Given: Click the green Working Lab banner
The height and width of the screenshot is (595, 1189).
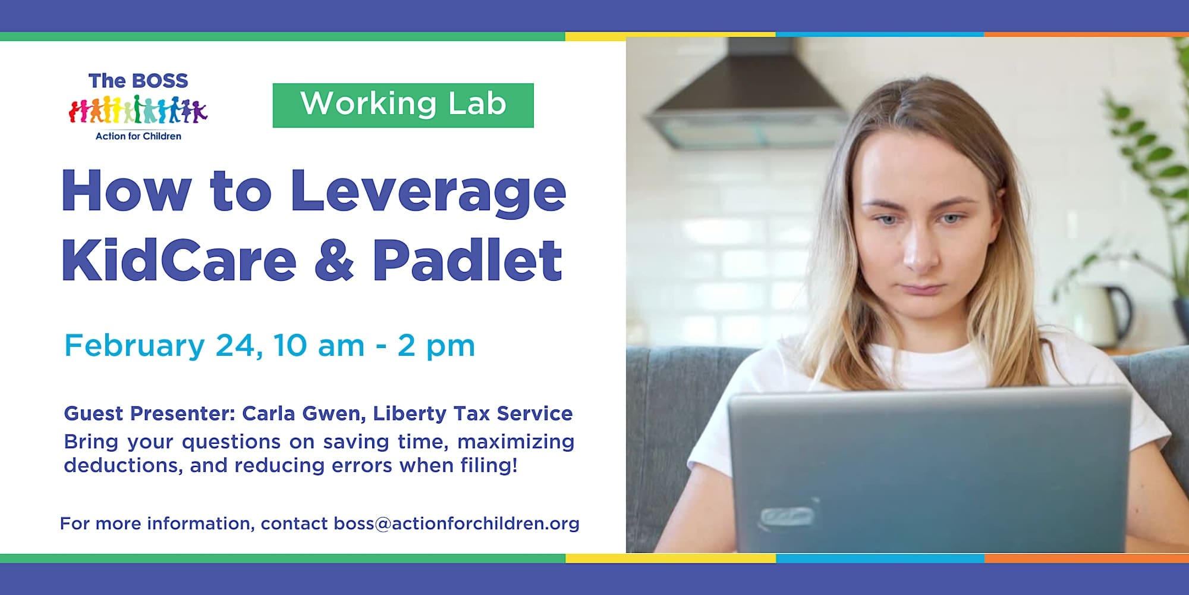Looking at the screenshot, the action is [403, 105].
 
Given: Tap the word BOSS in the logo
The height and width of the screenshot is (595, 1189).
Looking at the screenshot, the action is [159, 81].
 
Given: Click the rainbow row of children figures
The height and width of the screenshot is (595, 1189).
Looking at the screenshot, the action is [138, 110].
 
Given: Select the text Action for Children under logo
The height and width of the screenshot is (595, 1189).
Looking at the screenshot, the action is [139, 136].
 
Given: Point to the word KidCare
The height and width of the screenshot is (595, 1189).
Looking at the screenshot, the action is [179, 260].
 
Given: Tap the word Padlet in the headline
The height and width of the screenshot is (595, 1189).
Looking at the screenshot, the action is [467, 260].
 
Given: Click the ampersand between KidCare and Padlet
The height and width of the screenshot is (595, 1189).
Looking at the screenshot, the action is [334, 261].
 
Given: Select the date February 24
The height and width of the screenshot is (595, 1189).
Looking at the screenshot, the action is [161, 346].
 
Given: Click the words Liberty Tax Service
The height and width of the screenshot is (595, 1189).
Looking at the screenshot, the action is [473, 414].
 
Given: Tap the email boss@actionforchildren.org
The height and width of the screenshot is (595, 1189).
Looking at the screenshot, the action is [457, 524].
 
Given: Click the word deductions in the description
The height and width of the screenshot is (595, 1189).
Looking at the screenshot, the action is [123, 465].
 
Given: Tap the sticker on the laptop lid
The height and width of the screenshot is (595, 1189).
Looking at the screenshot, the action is [787, 516].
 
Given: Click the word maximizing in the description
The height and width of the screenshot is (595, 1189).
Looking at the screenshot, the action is [515, 442].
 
